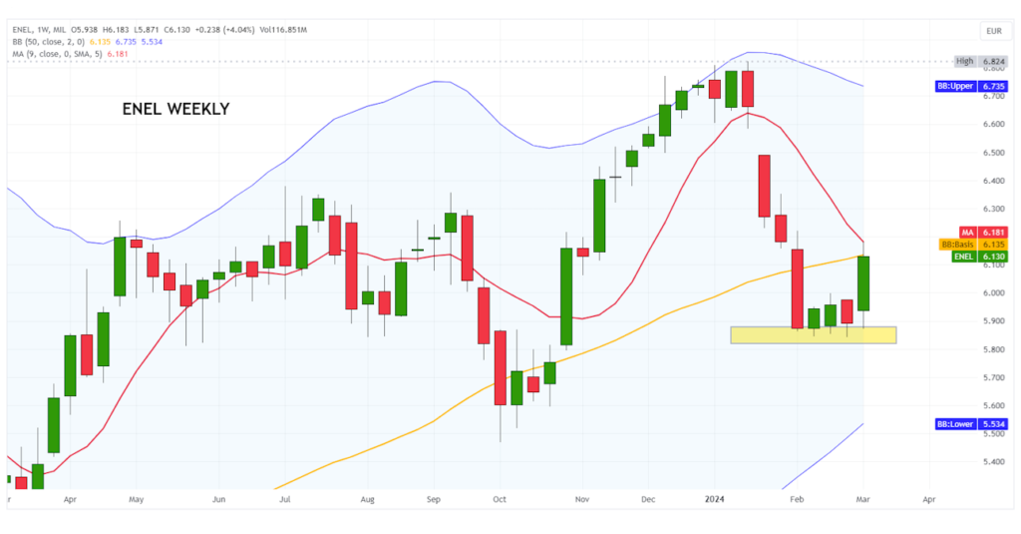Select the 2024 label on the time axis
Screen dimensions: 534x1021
coord(717,497)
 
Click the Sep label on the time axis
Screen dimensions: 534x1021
coord(434,497)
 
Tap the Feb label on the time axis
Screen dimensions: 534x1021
coord(796,497)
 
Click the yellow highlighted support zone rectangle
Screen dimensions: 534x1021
coord(813,335)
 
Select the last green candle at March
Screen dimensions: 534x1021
coord(863,283)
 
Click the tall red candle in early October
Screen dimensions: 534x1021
coord(500,366)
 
